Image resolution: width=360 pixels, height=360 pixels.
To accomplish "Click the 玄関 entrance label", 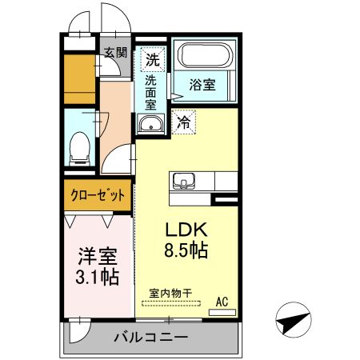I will click(115, 54).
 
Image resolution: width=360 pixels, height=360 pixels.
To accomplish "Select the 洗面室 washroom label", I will click(151, 92).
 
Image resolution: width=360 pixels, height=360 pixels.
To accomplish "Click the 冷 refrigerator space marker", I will click(183, 123).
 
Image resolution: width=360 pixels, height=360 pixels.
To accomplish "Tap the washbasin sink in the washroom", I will click(150, 124).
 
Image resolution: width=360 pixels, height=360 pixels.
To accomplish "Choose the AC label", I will click(225, 302).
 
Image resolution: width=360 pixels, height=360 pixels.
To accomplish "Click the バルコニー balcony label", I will click(151, 337).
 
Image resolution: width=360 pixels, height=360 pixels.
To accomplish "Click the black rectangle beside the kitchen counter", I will click(226, 197).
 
